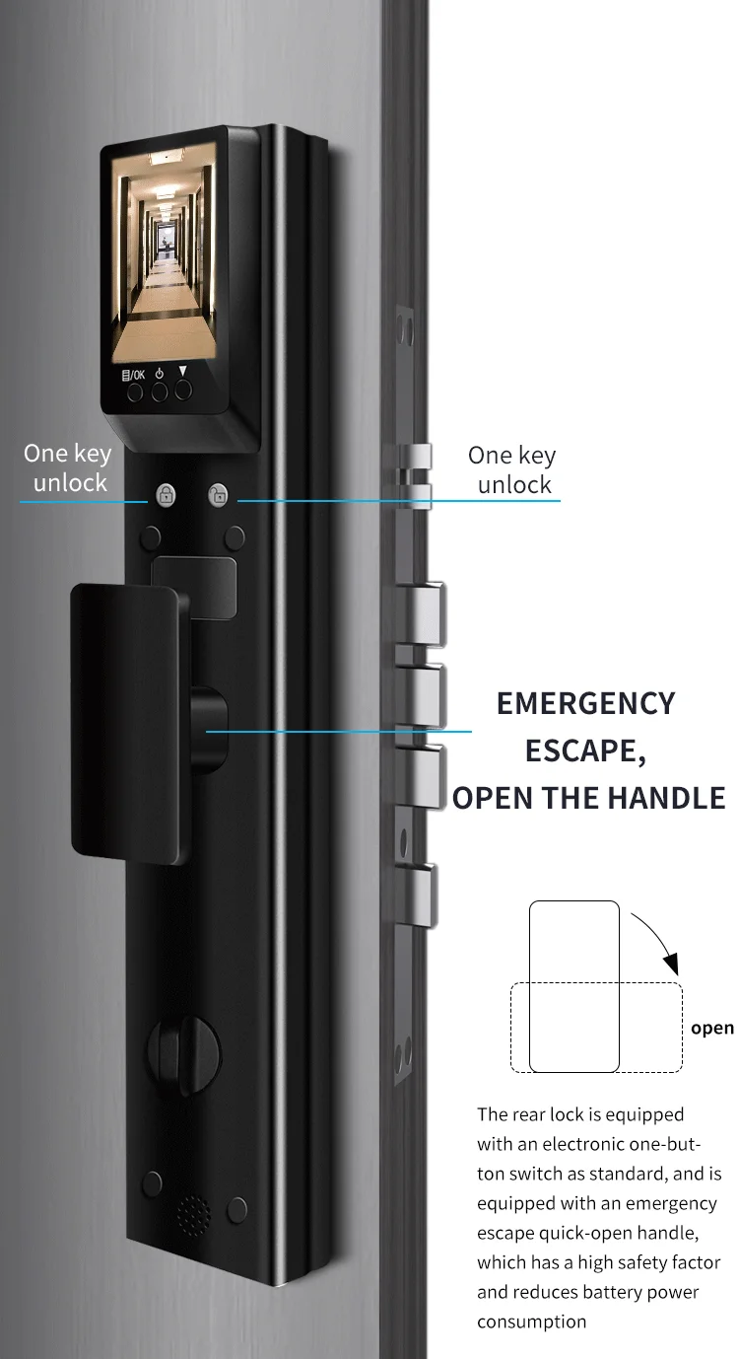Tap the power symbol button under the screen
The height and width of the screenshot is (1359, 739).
point(159,391)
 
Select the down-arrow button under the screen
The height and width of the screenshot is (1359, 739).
point(183,389)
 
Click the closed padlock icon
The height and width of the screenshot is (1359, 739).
point(165,495)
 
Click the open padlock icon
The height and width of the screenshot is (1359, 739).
point(218,495)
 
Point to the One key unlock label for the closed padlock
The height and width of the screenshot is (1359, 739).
point(68,467)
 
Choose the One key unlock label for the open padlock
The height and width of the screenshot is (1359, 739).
point(512,469)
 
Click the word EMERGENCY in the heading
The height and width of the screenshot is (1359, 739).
point(585,703)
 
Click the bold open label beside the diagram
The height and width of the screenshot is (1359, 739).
point(711,1028)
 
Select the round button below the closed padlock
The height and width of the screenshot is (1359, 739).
point(150,537)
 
